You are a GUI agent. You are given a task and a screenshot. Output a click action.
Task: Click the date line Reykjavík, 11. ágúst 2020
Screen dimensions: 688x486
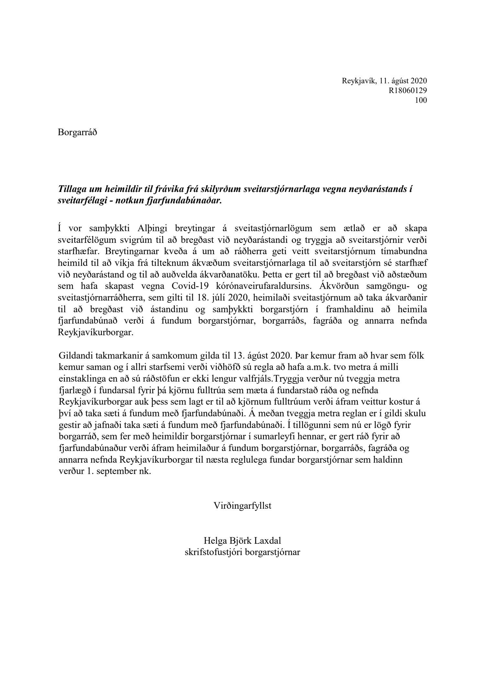click(384, 81)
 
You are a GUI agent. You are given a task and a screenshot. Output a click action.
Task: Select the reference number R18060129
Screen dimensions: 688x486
click(408, 90)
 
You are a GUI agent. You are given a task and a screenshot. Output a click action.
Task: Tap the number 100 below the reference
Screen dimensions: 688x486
click(421, 100)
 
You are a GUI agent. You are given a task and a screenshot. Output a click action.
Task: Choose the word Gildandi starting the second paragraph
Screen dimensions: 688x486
click(76, 356)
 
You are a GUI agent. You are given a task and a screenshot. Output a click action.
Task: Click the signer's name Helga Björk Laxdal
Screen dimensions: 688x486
click(243, 540)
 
